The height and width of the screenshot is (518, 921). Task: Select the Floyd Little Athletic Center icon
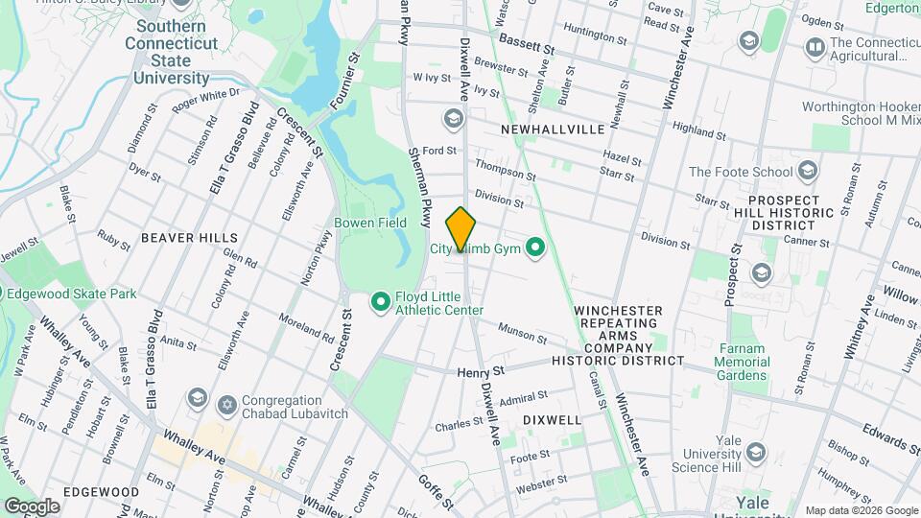pos(380,303)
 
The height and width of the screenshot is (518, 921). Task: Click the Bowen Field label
pos(370,223)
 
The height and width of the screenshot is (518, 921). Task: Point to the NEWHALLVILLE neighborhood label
pos(552,129)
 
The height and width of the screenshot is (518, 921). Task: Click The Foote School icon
pos(808,173)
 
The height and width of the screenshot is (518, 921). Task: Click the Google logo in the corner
pos(33,506)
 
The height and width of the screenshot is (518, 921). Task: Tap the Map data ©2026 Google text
pos(862,510)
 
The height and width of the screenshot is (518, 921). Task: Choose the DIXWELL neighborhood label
pos(552,420)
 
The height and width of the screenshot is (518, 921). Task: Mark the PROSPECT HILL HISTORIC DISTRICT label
pos(795,213)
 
